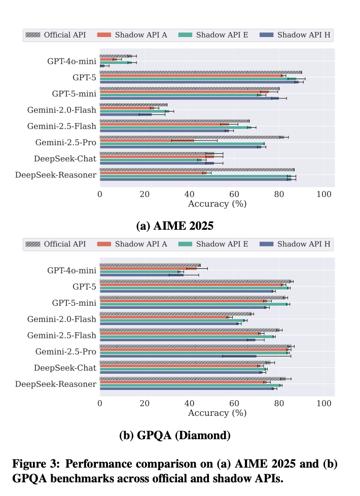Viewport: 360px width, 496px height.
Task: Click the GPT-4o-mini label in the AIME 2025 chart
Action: tap(71, 61)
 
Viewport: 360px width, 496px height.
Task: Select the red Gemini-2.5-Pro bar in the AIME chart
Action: tap(147, 140)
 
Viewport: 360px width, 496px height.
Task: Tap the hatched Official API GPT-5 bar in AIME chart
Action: tap(200, 73)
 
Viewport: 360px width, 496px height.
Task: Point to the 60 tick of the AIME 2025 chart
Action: tap(234, 193)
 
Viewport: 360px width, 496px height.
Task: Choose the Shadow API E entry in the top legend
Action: tap(216, 35)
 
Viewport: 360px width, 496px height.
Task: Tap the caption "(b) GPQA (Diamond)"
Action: tap(179, 435)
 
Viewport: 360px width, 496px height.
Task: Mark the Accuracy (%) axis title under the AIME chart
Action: tap(217, 203)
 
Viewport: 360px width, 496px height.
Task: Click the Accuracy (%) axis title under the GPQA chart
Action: tap(217, 413)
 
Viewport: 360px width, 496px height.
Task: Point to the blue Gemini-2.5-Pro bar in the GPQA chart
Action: tap(177, 356)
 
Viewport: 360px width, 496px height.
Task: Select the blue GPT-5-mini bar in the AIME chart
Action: tap(189, 98)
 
